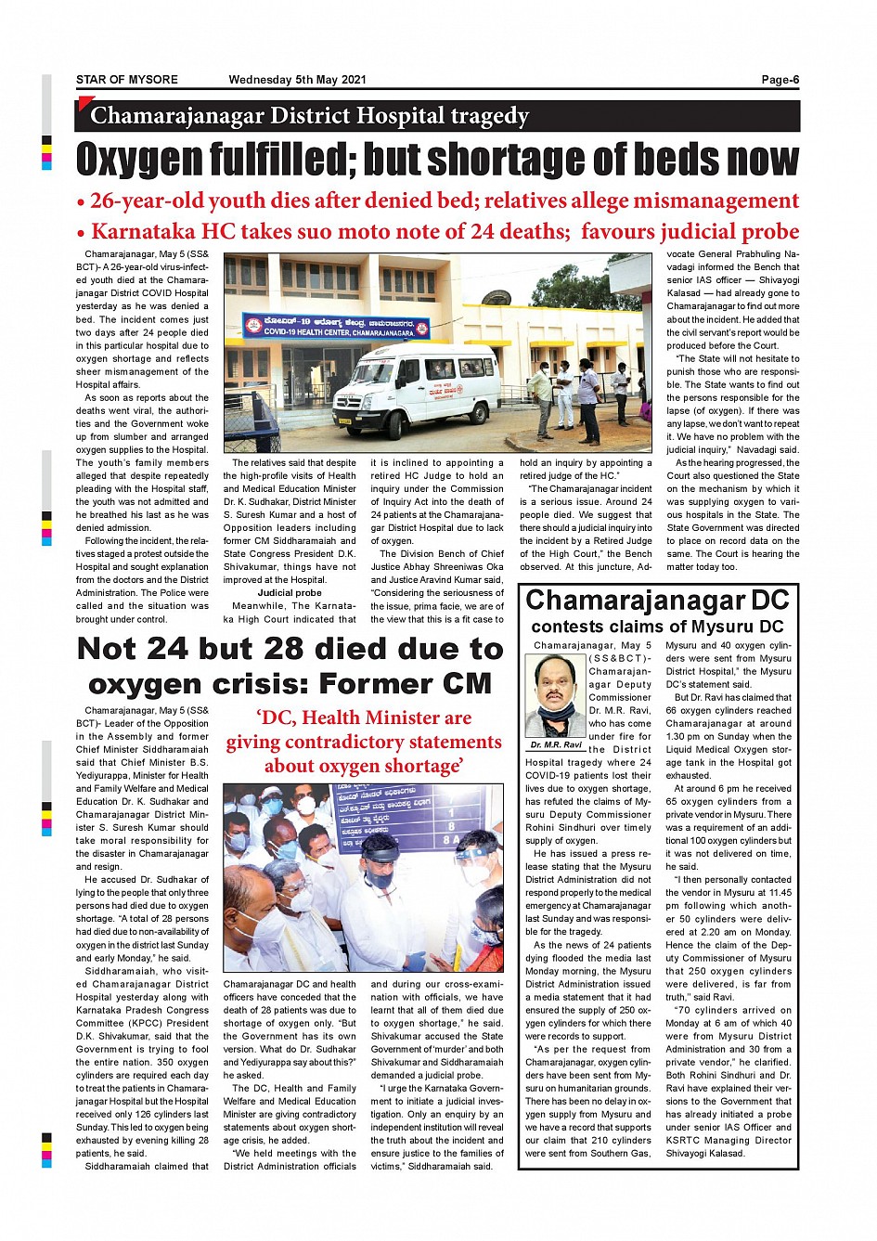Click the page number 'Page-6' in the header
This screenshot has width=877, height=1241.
click(x=780, y=80)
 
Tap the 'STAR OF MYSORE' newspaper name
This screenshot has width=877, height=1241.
click(x=127, y=80)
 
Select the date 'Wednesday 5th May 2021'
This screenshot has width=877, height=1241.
click(x=297, y=80)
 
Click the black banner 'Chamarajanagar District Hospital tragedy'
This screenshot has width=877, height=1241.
click(x=437, y=116)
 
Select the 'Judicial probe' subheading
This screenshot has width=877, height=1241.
click(x=290, y=592)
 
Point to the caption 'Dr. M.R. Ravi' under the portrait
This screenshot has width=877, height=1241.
click(x=557, y=744)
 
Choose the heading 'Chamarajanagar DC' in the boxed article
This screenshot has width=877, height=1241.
click(x=657, y=600)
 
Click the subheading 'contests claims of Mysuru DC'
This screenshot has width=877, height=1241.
click(x=657, y=627)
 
